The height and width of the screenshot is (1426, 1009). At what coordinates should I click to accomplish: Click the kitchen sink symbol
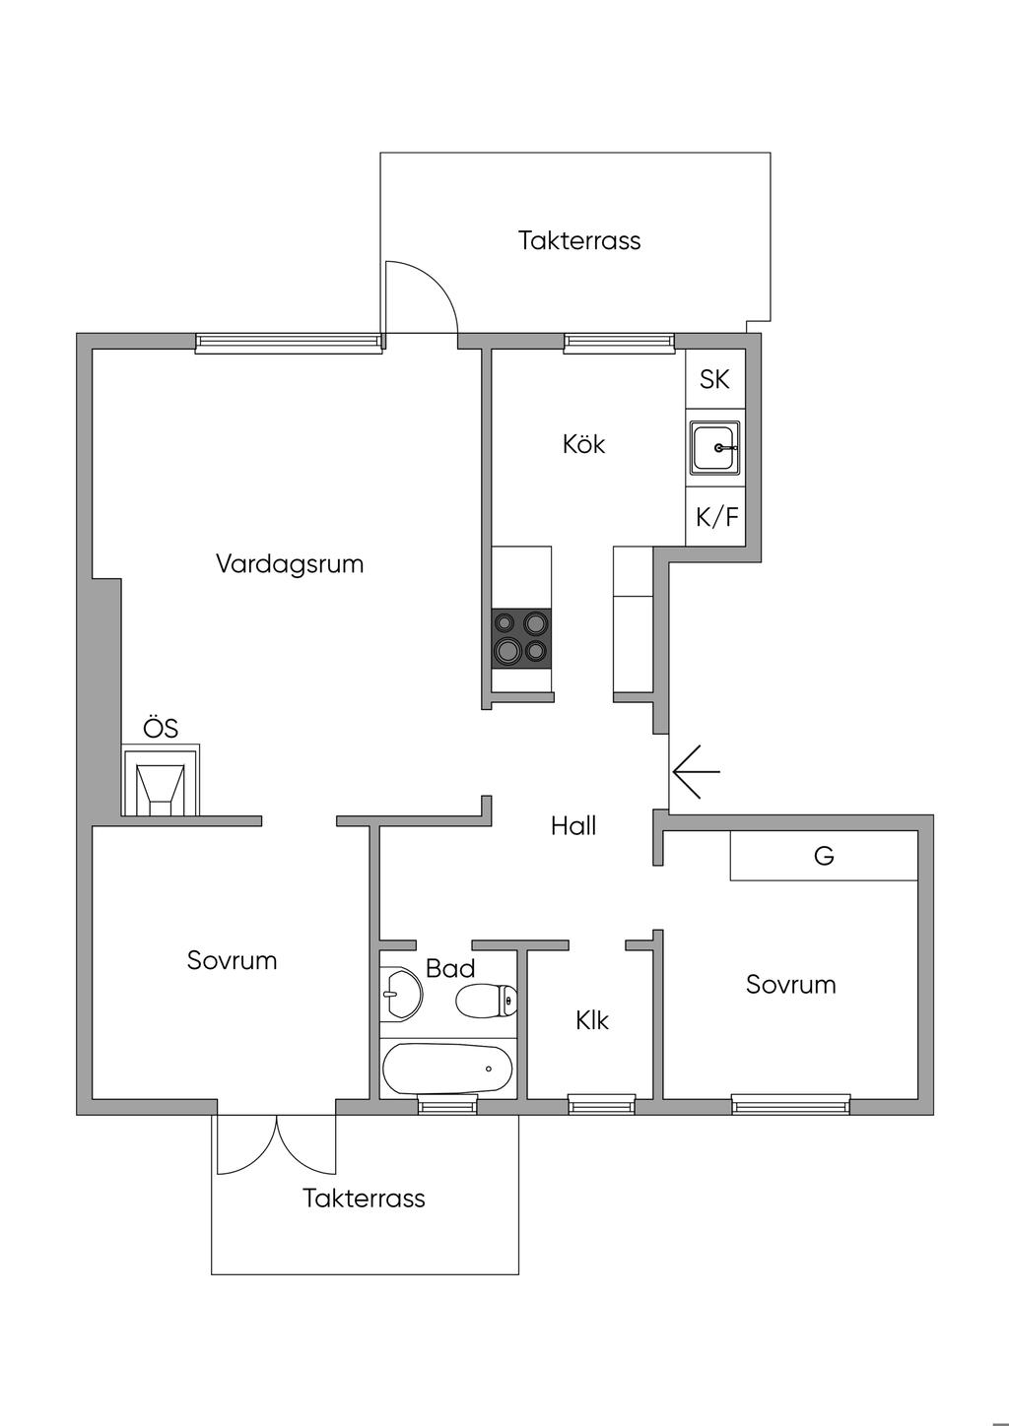coord(715,448)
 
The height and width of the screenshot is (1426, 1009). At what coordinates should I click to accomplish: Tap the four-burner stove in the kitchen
coord(522,637)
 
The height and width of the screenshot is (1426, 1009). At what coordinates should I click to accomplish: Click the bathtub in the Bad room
coord(448,1069)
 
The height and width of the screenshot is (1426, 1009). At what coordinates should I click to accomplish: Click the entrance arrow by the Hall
coord(694,770)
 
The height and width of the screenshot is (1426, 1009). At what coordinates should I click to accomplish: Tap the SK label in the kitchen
coord(714,379)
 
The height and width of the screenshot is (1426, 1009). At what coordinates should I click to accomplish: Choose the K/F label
coord(716,517)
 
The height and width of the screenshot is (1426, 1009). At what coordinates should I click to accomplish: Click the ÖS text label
coord(161,729)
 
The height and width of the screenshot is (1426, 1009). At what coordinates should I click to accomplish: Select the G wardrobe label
coord(824,856)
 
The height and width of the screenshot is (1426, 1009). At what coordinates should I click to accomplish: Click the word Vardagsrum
coord(290,564)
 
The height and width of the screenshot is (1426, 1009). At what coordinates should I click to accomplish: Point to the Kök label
coord(583,444)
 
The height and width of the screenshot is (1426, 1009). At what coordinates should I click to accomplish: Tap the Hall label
coord(573,825)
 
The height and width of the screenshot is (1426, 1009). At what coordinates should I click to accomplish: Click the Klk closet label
coord(592,1020)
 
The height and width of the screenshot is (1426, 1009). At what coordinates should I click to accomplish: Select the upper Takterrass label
coord(579,240)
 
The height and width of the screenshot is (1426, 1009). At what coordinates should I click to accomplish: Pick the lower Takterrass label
coord(364,1199)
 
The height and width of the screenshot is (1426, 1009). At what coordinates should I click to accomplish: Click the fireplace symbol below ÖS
coord(160,785)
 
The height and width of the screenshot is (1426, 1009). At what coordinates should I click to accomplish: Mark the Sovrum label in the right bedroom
coord(790,985)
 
